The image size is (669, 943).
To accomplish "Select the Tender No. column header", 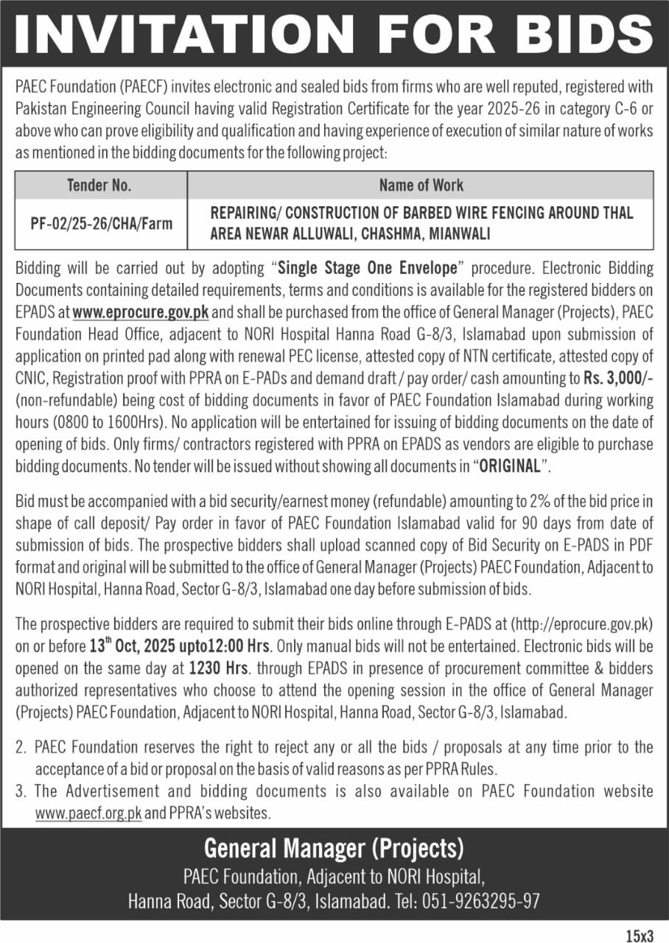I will [x=99, y=185].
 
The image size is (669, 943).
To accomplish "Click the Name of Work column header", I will [x=421, y=185].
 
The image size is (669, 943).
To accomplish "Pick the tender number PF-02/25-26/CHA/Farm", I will [x=101, y=223].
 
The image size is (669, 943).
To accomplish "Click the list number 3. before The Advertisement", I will [x=21, y=791].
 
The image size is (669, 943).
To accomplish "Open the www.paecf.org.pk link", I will [x=88, y=814].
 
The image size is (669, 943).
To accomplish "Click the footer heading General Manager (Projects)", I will [x=334, y=849].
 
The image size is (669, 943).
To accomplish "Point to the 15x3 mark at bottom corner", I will [x=640, y=936].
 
